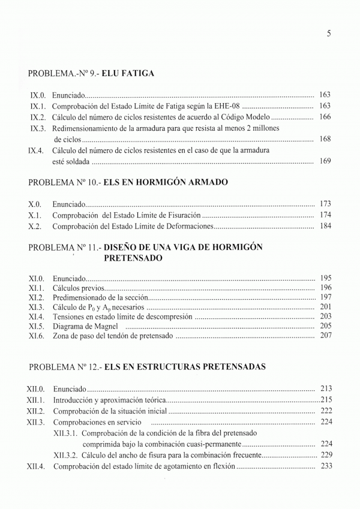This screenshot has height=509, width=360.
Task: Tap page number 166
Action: point(325,117)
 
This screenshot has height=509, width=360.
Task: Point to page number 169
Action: point(325,161)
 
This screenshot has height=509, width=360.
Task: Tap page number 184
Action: point(325,226)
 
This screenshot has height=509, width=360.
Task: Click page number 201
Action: point(325,307)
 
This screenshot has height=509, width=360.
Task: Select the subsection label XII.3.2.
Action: point(66,455)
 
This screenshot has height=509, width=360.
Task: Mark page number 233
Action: point(325,466)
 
